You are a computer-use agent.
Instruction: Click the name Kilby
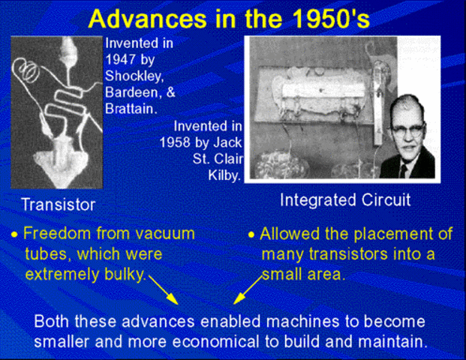(222, 176)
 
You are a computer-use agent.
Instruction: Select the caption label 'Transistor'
(58, 204)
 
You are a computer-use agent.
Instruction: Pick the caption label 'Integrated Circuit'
(344, 201)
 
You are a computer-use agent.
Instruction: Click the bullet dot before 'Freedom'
(14, 235)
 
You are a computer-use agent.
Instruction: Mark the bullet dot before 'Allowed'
(252, 235)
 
